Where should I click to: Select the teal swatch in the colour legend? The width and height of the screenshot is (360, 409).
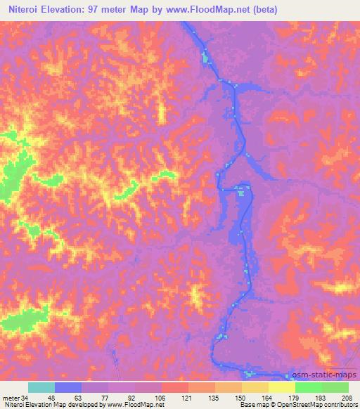click(41, 387)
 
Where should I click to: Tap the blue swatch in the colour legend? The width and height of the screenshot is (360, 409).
click(68, 387)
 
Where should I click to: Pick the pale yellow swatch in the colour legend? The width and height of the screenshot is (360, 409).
click(282, 387)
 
